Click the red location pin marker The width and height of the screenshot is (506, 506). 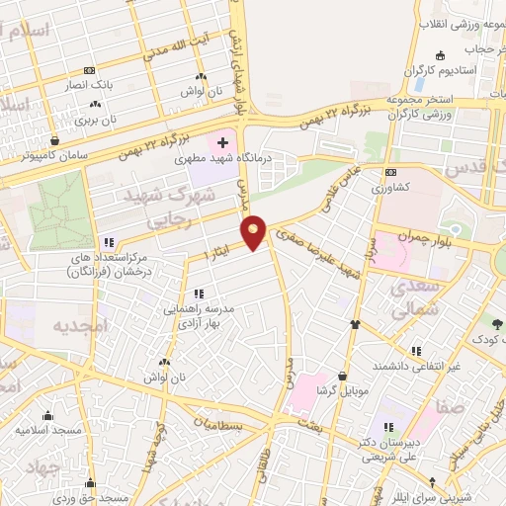click(x=255, y=231)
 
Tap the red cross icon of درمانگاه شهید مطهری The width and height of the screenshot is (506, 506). click(x=222, y=141)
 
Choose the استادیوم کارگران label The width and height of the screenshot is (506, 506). click(x=456, y=71)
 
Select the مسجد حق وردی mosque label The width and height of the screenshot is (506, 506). click(x=95, y=497)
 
